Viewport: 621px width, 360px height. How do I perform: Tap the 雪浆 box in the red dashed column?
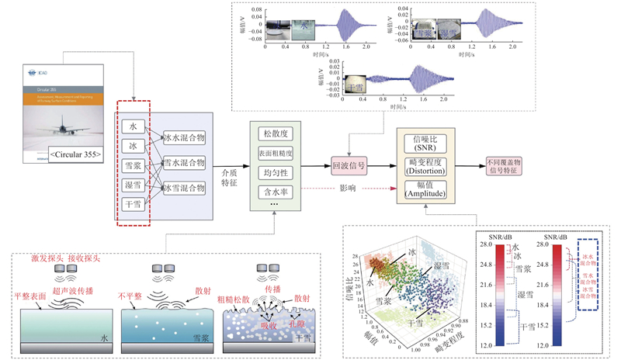pyautogui.click(x=134, y=165)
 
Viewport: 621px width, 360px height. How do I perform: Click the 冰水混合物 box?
pyautogui.click(x=183, y=137)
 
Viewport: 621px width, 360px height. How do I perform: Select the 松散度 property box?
pyautogui.click(x=274, y=133)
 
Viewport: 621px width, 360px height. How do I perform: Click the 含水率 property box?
pyautogui.click(x=274, y=190)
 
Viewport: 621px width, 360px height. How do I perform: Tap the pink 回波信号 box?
pyautogui.click(x=349, y=165)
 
